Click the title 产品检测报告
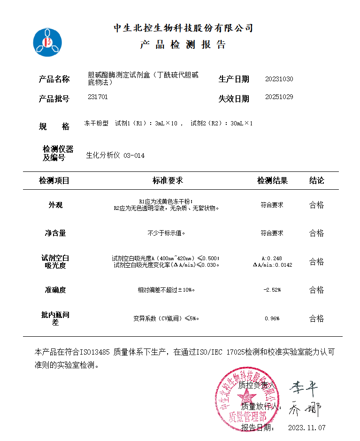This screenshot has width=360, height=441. (183, 45)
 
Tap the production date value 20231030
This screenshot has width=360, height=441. (279, 79)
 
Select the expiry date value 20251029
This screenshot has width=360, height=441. (279, 97)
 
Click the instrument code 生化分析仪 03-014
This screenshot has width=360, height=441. (115, 155)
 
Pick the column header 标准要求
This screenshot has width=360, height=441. (168, 180)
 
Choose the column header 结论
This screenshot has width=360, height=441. (316, 180)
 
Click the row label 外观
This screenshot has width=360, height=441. (55, 205)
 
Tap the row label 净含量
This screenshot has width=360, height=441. (55, 233)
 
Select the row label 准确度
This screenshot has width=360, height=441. (55, 290)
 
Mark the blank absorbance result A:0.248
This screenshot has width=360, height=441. (272, 258)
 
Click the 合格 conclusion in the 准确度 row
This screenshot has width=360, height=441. (316, 290)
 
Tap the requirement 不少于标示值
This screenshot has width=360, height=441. (167, 233)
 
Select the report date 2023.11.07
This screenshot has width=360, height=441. (306, 427)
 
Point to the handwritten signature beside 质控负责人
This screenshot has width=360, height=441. (303, 388)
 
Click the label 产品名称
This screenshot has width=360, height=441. (54, 79)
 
